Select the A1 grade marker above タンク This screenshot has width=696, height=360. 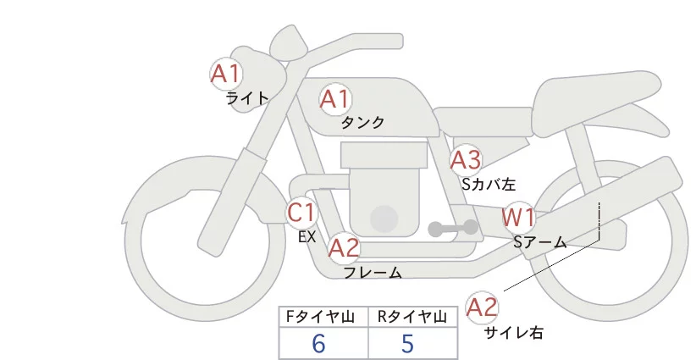click(x=334, y=100)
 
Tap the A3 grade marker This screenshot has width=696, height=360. click(x=466, y=159)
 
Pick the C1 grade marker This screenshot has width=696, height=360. click(x=302, y=212)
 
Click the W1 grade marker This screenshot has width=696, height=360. click(x=518, y=218)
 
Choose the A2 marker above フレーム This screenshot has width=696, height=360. click(x=344, y=248)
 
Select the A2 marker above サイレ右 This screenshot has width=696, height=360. click(x=483, y=307)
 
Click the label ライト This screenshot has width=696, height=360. click(x=248, y=97)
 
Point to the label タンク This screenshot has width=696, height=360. click(x=362, y=123)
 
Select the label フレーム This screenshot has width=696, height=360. click(x=372, y=273)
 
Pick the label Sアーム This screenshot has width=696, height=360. click(x=539, y=242)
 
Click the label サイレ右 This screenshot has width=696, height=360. click(x=513, y=333)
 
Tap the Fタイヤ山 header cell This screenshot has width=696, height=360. click(x=323, y=317)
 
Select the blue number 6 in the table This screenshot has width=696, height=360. click(x=318, y=344)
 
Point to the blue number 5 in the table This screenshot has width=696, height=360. click(x=408, y=344)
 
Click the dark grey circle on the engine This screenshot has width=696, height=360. click(x=385, y=219)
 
